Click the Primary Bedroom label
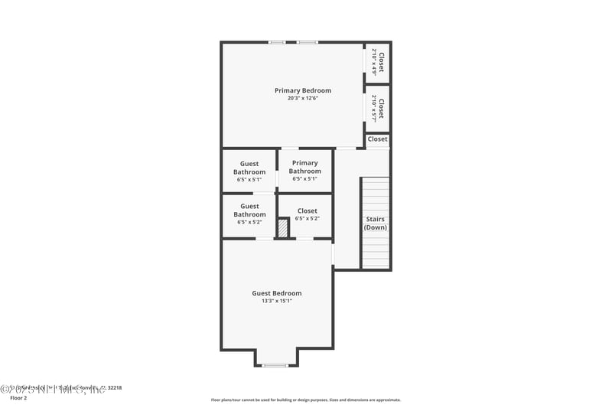coord(303,90)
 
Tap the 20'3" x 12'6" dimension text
coord(303,98)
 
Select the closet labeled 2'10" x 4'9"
coord(378,61)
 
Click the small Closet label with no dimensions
coord(377,139)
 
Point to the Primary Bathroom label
coord(304,167)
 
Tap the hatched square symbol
coord(283,228)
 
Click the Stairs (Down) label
coord(375,224)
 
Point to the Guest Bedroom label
coord(277,293)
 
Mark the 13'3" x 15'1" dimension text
coord(277,301)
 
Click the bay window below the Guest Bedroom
coord(275,365)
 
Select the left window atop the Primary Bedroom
coord(277,42)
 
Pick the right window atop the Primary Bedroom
coord(307,42)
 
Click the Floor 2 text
coord(18,398)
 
